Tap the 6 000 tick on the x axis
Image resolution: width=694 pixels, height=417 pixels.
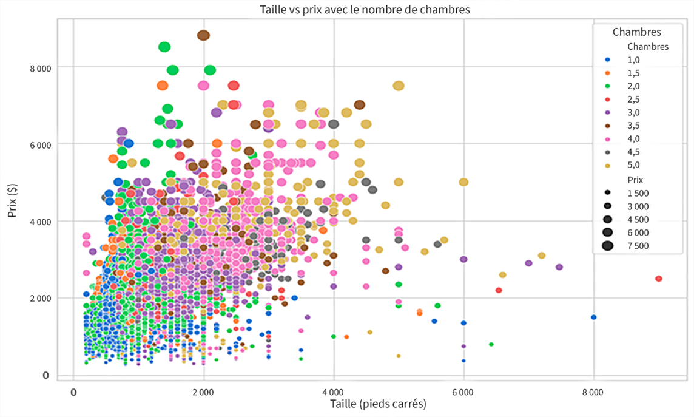point(463,392)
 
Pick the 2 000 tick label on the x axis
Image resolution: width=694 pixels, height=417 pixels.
point(203,392)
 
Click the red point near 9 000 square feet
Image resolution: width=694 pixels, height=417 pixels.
point(658,279)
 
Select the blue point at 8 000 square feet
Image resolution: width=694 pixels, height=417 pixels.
point(593,317)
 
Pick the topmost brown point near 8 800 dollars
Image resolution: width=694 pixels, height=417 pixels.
point(203,35)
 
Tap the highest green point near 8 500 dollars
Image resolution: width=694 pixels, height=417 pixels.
point(164,47)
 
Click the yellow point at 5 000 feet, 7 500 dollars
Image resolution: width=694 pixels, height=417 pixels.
point(399,86)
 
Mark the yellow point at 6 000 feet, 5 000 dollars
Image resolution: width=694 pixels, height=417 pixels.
point(463,182)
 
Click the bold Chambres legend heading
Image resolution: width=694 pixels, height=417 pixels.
point(636,32)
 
